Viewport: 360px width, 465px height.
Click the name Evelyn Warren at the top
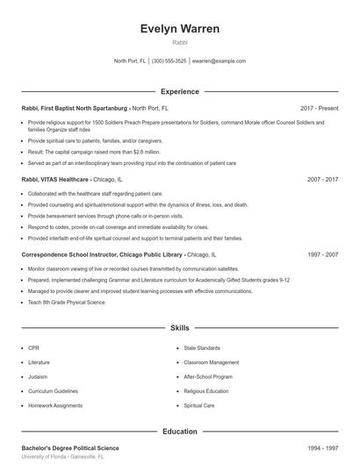(x=179, y=29)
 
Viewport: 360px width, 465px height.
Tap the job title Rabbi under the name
(x=179, y=42)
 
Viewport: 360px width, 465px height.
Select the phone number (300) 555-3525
(x=169, y=61)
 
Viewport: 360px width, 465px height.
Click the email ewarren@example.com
(x=219, y=61)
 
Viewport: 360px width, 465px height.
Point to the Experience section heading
(x=179, y=91)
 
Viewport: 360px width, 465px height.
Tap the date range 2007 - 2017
(x=322, y=178)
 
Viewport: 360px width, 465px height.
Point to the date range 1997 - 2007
(x=322, y=254)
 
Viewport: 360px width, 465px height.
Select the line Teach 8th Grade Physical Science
(x=67, y=302)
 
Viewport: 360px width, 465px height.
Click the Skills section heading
(x=179, y=327)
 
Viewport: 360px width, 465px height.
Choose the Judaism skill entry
(x=38, y=376)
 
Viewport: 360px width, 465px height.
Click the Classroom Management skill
(x=211, y=362)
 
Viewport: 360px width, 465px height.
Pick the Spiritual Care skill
(x=198, y=405)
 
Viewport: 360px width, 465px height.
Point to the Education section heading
(x=179, y=431)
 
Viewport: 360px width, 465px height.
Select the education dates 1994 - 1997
(x=322, y=447)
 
